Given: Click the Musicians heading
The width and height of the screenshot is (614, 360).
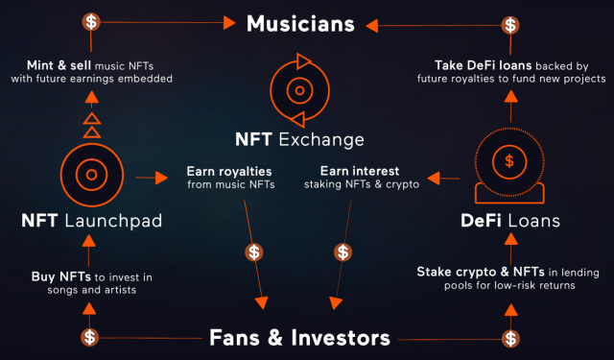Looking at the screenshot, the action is click(x=300, y=23).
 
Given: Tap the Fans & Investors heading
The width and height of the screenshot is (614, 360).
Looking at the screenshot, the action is click(x=299, y=338).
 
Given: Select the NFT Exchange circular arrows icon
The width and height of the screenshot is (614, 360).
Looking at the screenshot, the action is click(x=299, y=90).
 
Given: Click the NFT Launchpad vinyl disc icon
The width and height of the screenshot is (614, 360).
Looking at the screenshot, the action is click(x=92, y=175).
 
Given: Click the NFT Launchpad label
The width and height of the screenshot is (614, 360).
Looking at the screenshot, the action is click(x=92, y=221).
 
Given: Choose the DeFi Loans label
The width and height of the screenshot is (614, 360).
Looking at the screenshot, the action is click(x=510, y=221).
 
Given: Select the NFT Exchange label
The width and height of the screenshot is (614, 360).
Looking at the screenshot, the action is click(x=299, y=139).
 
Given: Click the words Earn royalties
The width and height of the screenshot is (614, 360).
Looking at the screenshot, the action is click(x=229, y=172).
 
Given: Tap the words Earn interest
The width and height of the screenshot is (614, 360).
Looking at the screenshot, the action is click(x=360, y=171).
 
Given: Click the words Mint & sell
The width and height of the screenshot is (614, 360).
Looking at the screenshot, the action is click(x=59, y=65).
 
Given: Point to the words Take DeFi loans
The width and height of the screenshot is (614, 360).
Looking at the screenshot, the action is click(x=484, y=65).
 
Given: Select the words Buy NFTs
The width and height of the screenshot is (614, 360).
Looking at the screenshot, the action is click(x=61, y=276).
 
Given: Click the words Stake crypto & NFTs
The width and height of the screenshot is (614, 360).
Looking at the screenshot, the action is click(x=481, y=272).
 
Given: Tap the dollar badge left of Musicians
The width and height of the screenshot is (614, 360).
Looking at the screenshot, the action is click(x=91, y=21).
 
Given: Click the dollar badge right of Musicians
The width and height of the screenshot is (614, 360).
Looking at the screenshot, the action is click(x=510, y=25).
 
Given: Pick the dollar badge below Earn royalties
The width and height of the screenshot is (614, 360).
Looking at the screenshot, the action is click(x=254, y=252).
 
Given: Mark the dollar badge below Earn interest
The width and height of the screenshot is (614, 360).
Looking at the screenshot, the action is click(x=343, y=252).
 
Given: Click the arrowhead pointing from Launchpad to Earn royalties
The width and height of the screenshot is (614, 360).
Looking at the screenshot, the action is click(x=161, y=178).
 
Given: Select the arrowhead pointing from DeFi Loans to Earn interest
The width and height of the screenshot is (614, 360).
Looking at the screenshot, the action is click(x=434, y=178).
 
